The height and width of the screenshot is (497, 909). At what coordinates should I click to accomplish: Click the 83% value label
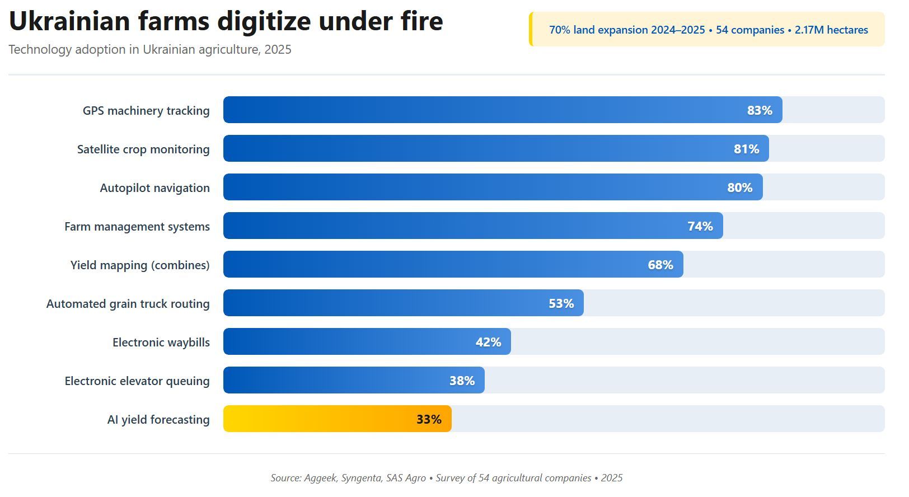pos(759,110)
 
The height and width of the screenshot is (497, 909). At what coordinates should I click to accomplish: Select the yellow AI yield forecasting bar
pos(337,419)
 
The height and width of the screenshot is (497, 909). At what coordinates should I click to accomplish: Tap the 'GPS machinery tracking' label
pos(146,110)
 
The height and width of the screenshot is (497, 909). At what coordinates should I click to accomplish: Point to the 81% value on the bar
pos(746,149)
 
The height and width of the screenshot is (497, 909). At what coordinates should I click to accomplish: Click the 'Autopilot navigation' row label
pos(154,188)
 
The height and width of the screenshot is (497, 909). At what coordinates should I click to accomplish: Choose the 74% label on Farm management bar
pos(700,226)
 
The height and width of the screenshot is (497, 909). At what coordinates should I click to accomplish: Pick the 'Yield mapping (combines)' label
pos(140,265)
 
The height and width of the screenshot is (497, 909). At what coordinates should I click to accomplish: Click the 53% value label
pos(561,303)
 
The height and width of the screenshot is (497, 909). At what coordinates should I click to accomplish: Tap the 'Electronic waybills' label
pos(161,342)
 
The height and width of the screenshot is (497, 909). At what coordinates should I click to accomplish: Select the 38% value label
pos(462,381)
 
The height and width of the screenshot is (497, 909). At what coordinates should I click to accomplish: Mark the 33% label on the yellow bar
pos(429,419)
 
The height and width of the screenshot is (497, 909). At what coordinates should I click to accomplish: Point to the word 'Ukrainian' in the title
pos(69,21)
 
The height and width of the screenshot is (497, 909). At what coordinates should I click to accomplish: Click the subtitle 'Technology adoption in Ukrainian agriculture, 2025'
pos(150,49)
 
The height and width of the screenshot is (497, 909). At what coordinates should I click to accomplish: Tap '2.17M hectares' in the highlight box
pos(831,30)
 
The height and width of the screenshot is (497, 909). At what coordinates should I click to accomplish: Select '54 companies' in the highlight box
pos(750,30)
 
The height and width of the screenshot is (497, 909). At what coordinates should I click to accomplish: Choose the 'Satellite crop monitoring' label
pos(143,149)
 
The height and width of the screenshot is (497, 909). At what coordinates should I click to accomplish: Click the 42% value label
pos(488,342)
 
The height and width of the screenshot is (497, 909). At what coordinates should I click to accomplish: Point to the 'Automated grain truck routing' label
pos(128,303)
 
